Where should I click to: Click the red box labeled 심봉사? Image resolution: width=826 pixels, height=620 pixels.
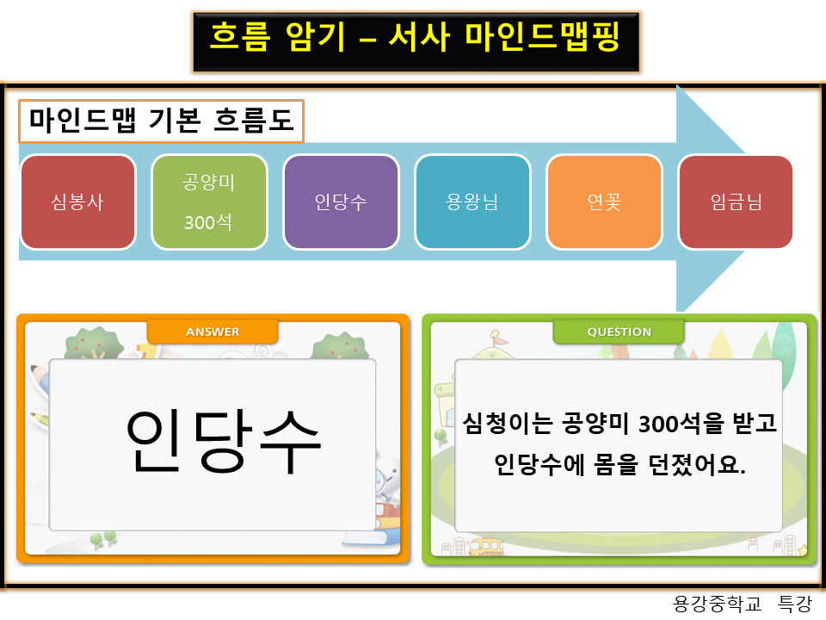click(x=77, y=202)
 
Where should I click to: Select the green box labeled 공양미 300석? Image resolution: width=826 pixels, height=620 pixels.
click(x=209, y=202)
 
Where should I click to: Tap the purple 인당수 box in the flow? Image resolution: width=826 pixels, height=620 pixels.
click(x=341, y=202)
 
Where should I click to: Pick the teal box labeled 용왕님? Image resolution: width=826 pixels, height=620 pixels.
click(x=472, y=202)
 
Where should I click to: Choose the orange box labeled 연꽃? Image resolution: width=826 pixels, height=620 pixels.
click(x=604, y=202)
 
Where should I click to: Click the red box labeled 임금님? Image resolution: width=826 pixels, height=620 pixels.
click(x=736, y=202)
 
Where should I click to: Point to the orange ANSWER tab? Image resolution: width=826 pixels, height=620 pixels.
click(x=213, y=332)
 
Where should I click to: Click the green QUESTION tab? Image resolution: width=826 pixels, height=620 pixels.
click(x=619, y=332)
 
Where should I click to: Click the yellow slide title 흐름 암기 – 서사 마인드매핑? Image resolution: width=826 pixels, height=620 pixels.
click(x=415, y=38)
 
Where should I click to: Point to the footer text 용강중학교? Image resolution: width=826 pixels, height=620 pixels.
click(x=718, y=604)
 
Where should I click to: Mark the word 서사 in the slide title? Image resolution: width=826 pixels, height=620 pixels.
click(x=419, y=38)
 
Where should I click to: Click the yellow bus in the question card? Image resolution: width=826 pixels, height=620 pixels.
click(x=486, y=547)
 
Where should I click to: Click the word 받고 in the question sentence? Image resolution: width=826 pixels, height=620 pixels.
click(x=751, y=423)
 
